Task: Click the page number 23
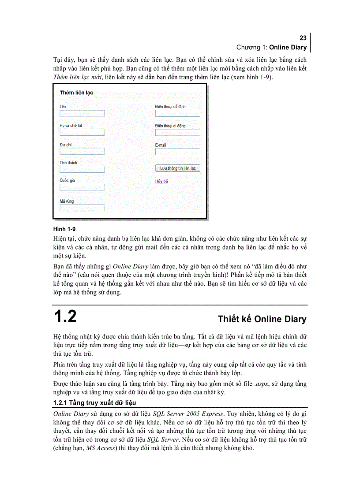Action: [x=303, y=38]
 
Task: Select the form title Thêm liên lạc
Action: [x=76, y=93]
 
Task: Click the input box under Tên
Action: [x=82, y=113]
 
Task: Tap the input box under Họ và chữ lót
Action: [x=82, y=132]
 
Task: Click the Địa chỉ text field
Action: [x=82, y=151]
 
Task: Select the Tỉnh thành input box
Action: [x=82, y=169]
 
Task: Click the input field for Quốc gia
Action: [x=82, y=187]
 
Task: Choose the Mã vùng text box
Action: [x=82, y=208]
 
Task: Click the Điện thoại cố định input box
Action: [x=177, y=113]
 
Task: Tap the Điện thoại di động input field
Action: [x=177, y=132]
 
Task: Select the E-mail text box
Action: [x=177, y=152]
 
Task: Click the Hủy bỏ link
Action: [x=161, y=181]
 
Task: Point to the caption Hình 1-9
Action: [x=64, y=229]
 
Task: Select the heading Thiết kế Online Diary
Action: [x=262, y=319]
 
